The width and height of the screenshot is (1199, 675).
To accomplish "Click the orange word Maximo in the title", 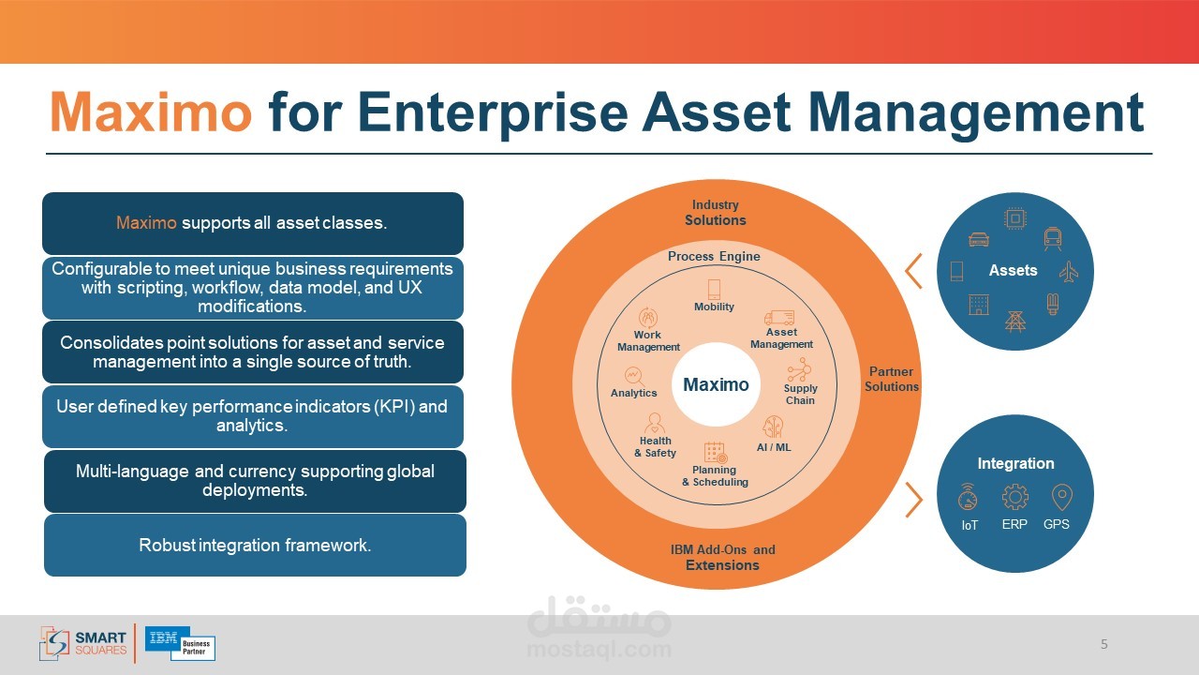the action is (x=151, y=112).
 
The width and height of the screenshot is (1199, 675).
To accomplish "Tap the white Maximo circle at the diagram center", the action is (x=716, y=384).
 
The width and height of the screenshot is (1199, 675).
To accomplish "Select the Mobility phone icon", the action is (x=714, y=290).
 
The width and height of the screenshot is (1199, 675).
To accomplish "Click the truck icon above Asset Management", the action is (x=778, y=318).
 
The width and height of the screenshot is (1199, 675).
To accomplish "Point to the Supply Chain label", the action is (x=800, y=395).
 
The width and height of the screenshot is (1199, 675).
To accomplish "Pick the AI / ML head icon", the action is (x=773, y=427).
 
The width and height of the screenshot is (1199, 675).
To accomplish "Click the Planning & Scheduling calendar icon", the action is (x=716, y=453).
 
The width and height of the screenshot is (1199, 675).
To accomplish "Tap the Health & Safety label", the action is (x=655, y=447).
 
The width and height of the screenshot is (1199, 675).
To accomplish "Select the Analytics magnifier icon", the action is (x=634, y=376).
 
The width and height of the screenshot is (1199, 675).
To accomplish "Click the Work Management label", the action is (x=648, y=340).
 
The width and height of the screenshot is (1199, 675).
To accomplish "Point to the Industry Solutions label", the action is (x=715, y=213).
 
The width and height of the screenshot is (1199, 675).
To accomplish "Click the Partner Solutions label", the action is (x=891, y=379).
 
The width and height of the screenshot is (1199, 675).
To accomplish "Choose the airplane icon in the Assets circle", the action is (x=1069, y=272).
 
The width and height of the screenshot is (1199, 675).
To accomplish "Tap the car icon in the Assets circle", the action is (x=979, y=239).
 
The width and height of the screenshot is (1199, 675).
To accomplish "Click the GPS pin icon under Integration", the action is (x=1061, y=497).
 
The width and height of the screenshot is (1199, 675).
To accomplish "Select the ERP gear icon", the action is (x=1014, y=497).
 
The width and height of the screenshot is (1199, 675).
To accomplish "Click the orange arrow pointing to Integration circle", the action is (x=914, y=500).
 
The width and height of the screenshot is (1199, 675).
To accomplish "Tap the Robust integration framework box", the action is (x=255, y=546).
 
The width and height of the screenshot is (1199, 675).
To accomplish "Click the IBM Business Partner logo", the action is (x=181, y=643).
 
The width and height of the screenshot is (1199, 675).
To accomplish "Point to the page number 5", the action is (x=1103, y=644).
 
